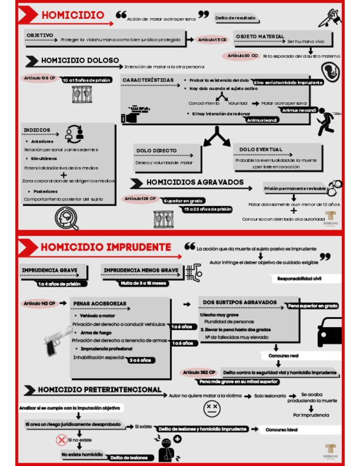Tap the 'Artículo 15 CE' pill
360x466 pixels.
pyautogui.click(x=213, y=40)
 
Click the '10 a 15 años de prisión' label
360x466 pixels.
pyautogui.click(x=87, y=80)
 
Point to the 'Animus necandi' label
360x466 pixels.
pyautogui.click(x=299, y=110)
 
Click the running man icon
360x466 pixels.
pyautogui.click(x=329, y=121)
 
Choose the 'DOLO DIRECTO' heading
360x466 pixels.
pyautogui.click(x=157, y=151)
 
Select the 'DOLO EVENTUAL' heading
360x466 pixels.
pyautogui.click(x=261, y=149)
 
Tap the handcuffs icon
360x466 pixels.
pyautogui.click(x=335, y=185)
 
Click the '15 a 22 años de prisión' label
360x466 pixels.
pyautogui.click(x=208, y=209)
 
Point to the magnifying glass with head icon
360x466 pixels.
pyautogui.click(x=67, y=218)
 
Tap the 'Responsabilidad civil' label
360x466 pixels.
pyautogui.click(x=301, y=279)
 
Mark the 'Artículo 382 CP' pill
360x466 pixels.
pyautogui.click(x=199, y=372)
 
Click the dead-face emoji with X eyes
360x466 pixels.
pyautogui.click(x=212, y=408)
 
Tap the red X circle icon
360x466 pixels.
pyautogui.click(x=61, y=440)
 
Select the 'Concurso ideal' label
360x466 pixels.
pyautogui.click(x=283, y=429)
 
